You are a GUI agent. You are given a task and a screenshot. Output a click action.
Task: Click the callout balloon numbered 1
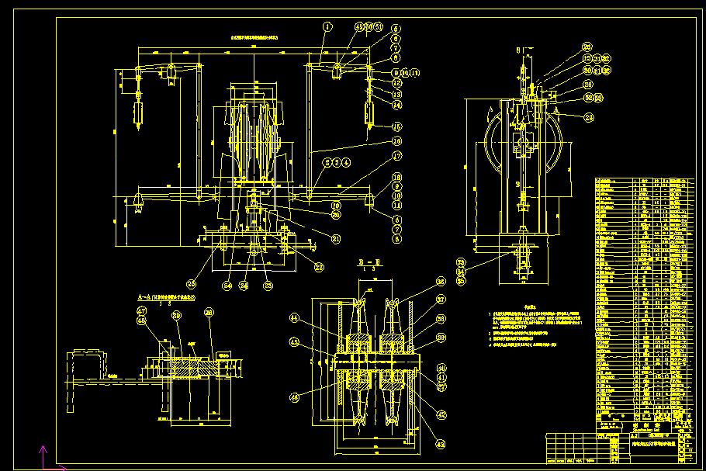coord(327,26)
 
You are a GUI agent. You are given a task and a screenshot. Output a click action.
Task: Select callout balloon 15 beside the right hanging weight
coord(396,126)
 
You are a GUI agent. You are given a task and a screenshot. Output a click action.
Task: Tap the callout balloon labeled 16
coord(396,141)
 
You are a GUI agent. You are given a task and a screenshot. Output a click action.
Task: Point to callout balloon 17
coord(396,156)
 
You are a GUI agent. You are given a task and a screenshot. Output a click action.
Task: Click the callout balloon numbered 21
coord(336,239)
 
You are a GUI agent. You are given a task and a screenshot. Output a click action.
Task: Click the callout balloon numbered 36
coord(441,282)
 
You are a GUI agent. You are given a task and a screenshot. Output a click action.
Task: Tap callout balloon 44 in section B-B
coord(317,318)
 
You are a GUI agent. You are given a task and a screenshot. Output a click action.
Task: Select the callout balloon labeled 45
coord(317,341)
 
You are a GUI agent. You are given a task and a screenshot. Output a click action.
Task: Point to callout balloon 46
coord(317,397)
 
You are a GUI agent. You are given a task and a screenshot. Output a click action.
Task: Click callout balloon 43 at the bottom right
coord(441,415)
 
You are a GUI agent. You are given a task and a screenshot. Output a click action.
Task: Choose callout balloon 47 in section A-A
coord(142,310)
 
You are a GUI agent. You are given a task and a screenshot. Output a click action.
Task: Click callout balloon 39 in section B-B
coord(441,338)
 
